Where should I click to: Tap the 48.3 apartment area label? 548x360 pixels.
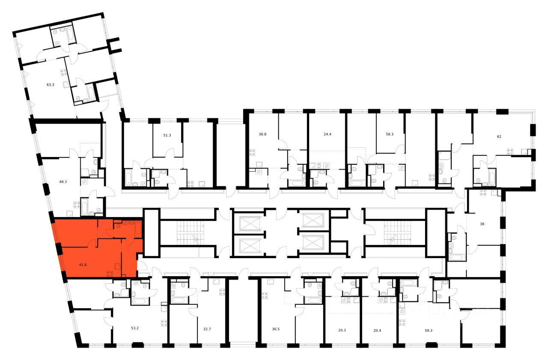[63, 181]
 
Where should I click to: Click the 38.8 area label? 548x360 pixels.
[262, 134]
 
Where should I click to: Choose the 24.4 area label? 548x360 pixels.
[327, 134]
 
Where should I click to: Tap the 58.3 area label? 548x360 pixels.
[390, 134]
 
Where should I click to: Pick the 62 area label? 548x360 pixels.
[499, 137]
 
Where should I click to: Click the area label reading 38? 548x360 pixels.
[482, 223]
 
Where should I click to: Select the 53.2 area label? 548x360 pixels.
[135, 328]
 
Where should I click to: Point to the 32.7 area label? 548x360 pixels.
[208, 329]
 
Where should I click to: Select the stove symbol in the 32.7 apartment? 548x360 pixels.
[222, 292]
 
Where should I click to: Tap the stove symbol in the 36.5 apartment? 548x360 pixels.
[264, 295]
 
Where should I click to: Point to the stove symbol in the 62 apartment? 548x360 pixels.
[510, 151]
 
